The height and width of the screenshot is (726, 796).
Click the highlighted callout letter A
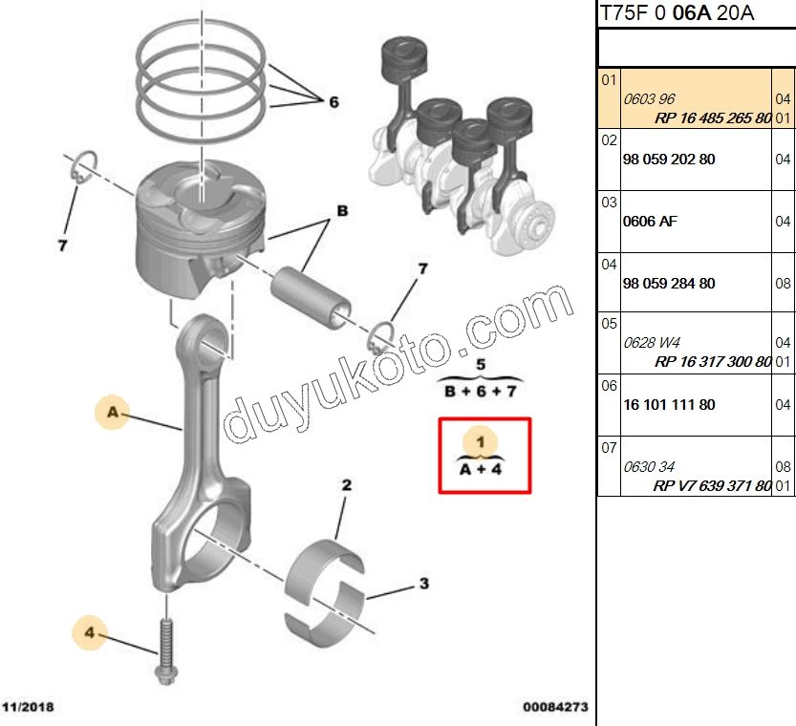(x=112, y=413)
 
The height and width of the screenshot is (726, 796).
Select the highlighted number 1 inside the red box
(x=481, y=441)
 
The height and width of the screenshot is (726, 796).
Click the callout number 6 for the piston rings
(x=333, y=102)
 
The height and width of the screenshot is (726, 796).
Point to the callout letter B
(x=340, y=211)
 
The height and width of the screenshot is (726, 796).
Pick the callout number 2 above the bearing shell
(x=347, y=485)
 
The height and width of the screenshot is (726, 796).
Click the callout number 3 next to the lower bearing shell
(x=423, y=584)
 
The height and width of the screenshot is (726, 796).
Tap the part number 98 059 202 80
(x=668, y=160)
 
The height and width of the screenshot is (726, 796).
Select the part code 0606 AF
(x=650, y=222)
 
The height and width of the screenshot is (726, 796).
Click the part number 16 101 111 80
(x=668, y=405)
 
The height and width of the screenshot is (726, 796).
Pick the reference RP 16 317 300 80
(x=713, y=362)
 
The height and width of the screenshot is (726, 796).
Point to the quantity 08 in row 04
(x=783, y=284)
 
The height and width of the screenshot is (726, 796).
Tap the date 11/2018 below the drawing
(x=28, y=708)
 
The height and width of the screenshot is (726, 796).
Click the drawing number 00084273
(x=554, y=708)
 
